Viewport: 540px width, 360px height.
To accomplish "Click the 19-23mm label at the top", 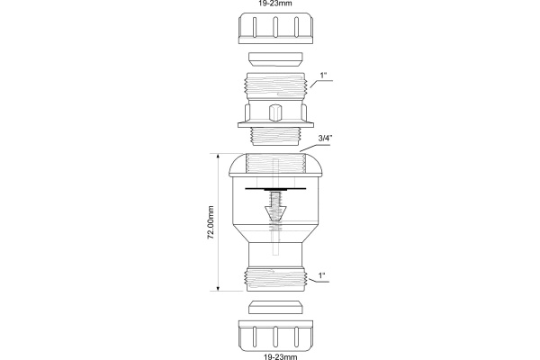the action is coord(275,3).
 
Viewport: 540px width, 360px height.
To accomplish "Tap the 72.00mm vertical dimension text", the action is coord(211,222).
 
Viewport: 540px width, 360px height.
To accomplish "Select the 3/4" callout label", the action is coord(325,139).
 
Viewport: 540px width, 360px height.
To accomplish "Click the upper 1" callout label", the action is coord(323,76).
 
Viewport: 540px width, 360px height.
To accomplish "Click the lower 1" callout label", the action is coord(322,275).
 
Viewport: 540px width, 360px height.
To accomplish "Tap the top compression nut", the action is coord(275,28).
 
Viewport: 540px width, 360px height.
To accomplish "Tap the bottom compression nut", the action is coord(275,336).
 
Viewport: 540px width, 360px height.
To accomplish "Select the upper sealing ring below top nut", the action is coord(275,59).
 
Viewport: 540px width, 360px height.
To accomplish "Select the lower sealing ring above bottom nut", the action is coord(275,307).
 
